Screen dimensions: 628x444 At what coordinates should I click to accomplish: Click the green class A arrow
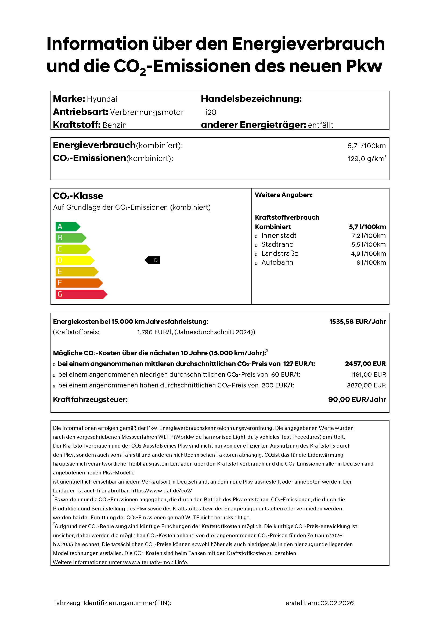click(x=67, y=227)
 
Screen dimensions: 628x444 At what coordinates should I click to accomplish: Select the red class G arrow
click(x=81, y=294)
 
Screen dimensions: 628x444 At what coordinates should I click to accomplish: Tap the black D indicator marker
click(x=153, y=260)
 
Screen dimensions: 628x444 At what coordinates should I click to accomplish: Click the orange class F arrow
click(x=78, y=283)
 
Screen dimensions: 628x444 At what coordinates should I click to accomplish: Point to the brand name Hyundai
click(x=102, y=99)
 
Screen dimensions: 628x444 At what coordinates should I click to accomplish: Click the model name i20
click(x=211, y=112)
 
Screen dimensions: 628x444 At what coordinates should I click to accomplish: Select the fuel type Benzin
click(x=114, y=125)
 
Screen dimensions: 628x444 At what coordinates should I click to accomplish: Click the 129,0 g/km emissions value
click(x=366, y=159)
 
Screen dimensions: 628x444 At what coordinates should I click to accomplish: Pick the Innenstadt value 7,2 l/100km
click(x=369, y=236)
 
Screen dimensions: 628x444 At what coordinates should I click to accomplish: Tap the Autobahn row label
click(x=277, y=262)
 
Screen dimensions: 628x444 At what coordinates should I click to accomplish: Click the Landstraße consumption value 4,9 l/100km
click(x=368, y=254)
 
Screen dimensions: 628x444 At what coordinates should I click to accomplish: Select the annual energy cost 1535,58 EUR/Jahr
click(x=357, y=322)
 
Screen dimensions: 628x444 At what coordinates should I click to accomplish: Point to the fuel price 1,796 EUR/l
click(x=154, y=332)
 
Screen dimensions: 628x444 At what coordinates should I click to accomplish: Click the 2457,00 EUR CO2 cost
click(x=365, y=364)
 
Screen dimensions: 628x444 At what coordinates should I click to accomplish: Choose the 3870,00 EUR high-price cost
click(x=366, y=385)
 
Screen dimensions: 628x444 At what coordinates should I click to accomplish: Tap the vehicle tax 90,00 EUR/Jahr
click(x=357, y=400)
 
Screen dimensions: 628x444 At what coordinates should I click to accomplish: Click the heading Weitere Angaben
click(x=283, y=195)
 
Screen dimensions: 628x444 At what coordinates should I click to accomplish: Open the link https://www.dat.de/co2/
click(x=161, y=491)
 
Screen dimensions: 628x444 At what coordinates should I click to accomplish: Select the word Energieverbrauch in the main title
click(x=308, y=44)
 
